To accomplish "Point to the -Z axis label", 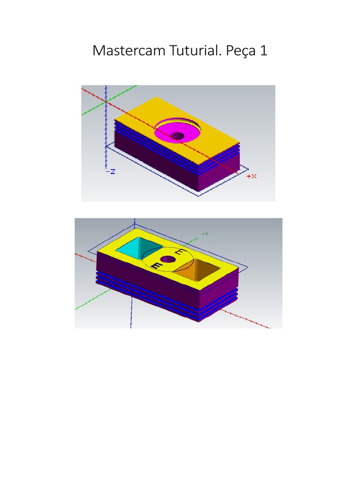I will pyautogui.click(x=111, y=172).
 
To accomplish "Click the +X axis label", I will pyautogui.click(x=252, y=176).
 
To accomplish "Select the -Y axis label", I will pyautogui.click(x=205, y=233).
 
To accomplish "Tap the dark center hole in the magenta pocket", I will pyautogui.click(x=178, y=136).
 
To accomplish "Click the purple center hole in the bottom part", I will pyautogui.click(x=167, y=259).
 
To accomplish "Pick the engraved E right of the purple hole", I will pyautogui.click(x=179, y=253).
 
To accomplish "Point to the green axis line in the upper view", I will pyautogui.click(x=94, y=109).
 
